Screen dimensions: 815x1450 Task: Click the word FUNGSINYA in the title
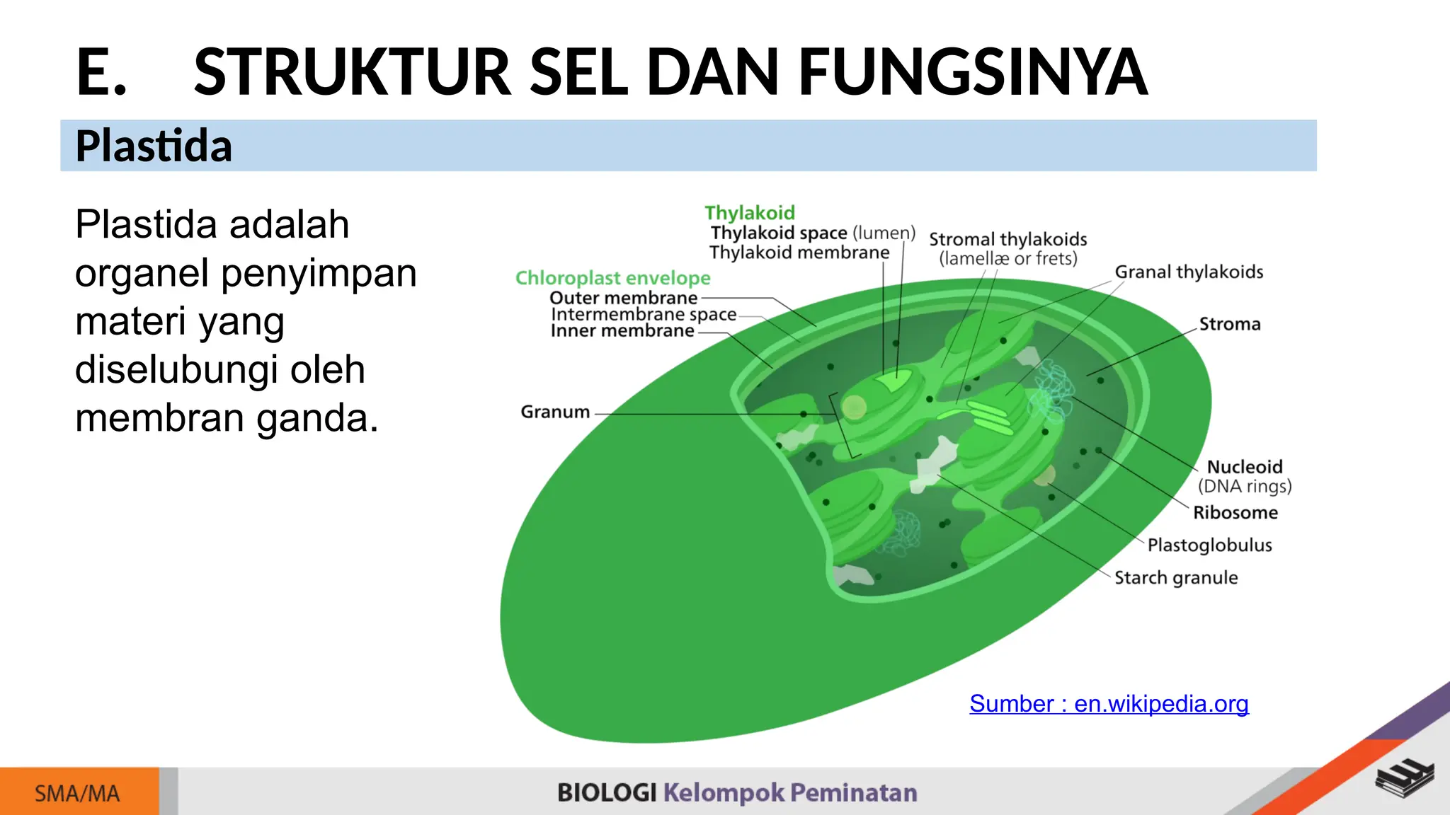click(973, 71)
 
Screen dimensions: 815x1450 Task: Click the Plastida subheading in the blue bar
click(154, 146)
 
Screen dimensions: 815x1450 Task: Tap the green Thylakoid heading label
click(749, 213)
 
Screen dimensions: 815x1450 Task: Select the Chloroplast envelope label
click(612, 278)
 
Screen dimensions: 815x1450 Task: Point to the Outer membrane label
click(623, 298)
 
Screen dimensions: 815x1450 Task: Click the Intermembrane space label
click(644, 314)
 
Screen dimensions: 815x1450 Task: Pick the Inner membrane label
click(622, 331)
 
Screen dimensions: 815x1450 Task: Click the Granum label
click(555, 412)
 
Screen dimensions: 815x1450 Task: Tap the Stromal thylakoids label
click(1007, 240)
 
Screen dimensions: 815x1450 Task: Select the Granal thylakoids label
click(1189, 272)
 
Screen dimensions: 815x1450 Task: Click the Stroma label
click(1230, 325)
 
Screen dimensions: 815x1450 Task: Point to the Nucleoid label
click(1244, 467)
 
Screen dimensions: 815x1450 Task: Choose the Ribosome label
click(1235, 513)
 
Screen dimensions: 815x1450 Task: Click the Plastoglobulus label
click(1209, 545)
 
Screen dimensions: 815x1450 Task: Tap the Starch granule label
click(1176, 578)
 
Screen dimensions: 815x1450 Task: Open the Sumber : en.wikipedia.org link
click(1109, 704)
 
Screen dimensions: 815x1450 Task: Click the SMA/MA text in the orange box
click(77, 794)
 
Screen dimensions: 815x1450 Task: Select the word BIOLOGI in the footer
click(607, 793)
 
